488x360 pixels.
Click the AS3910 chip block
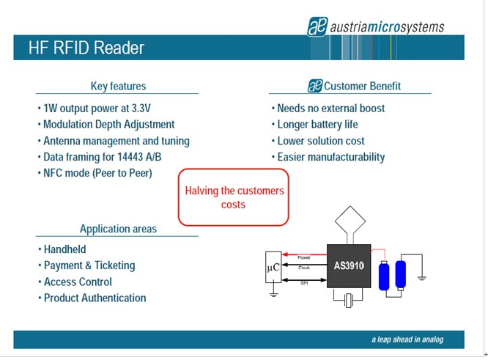[x=350, y=265]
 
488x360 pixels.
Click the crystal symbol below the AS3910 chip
[x=349, y=300]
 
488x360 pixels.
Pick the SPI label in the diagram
[x=303, y=284]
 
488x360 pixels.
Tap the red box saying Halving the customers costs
[x=234, y=197]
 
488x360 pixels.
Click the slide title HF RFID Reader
[x=86, y=48]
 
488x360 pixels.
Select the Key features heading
[x=117, y=86]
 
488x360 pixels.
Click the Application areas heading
[x=117, y=228]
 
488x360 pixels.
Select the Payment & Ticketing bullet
[x=89, y=265]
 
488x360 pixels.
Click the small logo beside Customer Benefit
[x=315, y=86]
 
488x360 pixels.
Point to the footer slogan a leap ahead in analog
[x=407, y=339]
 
